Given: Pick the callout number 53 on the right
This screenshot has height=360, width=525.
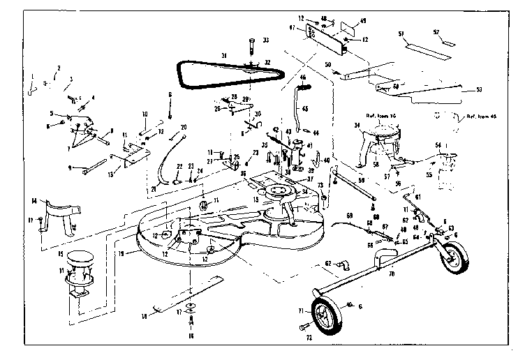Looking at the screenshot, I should (479, 89).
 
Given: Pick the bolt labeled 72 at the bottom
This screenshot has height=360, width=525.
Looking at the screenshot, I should (302, 327).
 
